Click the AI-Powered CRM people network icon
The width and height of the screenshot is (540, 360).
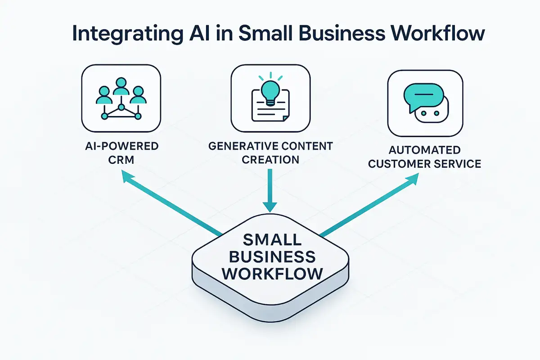[121, 99]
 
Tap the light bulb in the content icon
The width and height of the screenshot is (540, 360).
[270, 88]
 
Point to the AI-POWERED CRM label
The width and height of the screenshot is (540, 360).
[121, 153]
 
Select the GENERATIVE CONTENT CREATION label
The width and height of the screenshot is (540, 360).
[270, 153]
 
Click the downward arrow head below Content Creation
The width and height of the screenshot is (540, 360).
[270, 206]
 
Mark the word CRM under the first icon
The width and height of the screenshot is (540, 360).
[121, 160]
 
